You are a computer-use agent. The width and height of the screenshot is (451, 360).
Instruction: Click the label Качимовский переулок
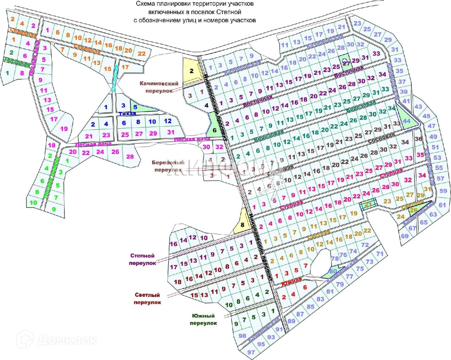pyautogui.click(x=159, y=87)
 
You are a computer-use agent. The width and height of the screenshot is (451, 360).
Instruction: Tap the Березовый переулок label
pyautogui.click(x=168, y=166)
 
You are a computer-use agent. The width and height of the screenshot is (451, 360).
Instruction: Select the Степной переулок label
pyautogui.click(x=142, y=259)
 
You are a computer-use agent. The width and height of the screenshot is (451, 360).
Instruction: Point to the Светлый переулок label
pyautogui.click(x=147, y=298)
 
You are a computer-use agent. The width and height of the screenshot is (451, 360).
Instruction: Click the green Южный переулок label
pyautogui.click(x=203, y=319)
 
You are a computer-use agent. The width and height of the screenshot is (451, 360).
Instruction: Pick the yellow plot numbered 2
pyautogui.click(x=191, y=71)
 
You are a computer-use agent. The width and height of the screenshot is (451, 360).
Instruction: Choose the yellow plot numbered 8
pyautogui.click(x=242, y=224)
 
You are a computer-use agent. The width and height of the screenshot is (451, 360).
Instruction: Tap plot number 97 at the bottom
pyautogui.click(x=251, y=352)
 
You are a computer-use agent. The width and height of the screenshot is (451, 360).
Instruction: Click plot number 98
pyautogui.click(x=242, y=336)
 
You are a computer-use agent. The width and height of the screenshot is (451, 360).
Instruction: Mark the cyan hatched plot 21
pyautogui.click(x=368, y=204)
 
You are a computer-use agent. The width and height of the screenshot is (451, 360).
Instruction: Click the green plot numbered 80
pyautogui.click(x=333, y=271)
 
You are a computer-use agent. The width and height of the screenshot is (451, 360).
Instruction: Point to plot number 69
pyautogui.click(x=405, y=236)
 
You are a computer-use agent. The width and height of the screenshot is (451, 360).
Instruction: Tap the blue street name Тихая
pyautogui.click(x=127, y=114)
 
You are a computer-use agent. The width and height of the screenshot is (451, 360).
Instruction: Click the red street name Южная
pyautogui.click(x=292, y=281)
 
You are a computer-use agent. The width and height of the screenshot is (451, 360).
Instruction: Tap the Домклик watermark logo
pyautogui.click(x=58, y=340)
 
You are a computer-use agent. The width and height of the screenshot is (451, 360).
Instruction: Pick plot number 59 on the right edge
pyautogui.click(x=443, y=191)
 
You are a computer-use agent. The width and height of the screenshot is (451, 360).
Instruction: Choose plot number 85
pyautogui.click(x=310, y=306)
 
